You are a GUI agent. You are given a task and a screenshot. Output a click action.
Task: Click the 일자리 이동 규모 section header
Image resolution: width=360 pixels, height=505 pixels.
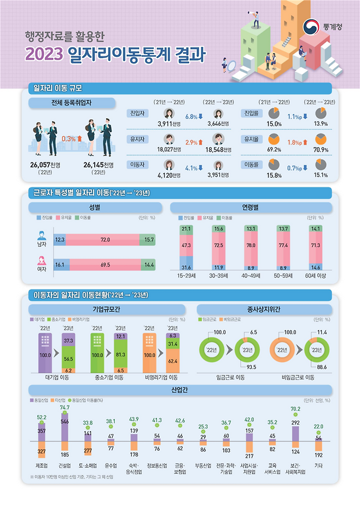click(x=58, y=88)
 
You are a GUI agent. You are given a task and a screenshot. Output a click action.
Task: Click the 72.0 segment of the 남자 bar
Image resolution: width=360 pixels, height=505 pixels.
click(x=106, y=240)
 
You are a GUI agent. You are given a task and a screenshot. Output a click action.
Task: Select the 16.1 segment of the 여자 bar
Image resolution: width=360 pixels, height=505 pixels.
click(x=60, y=264)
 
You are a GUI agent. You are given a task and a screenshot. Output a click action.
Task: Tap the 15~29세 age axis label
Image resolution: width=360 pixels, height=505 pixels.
click(x=186, y=276)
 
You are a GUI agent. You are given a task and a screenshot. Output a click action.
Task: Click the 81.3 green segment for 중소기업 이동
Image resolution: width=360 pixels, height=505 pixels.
click(x=120, y=353)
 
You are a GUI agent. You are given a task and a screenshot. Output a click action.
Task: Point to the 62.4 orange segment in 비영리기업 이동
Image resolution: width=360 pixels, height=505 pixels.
click(x=172, y=361)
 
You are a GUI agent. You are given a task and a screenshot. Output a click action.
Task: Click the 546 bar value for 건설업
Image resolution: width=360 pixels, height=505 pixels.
click(x=65, y=422)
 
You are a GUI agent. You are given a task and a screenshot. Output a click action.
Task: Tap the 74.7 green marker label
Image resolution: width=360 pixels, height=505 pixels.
click(x=65, y=408)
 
